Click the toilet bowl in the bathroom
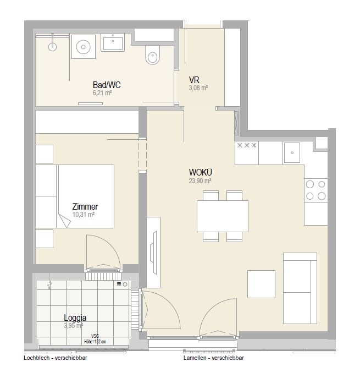click(x=153, y=55)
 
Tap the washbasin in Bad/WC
click(x=113, y=42)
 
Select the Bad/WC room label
click(x=107, y=85)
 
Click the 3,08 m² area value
click(x=198, y=88)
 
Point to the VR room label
click(x=194, y=80)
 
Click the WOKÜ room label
click(x=201, y=172)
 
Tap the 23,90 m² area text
click(x=200, y=180)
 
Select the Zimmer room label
click(x=85, y=206)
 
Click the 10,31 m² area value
click(x=84, y=215)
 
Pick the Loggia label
click(x=75, y=318)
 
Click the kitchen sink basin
click(x=292, y=152)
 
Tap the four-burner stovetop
click(x=316, y=190)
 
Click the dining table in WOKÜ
click(x=223, y=216)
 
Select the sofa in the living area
click(x=300, y=288)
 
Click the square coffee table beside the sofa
click(x=261, y=284)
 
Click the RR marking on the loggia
click(x=119, y=284)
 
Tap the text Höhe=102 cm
click(x=95, y=342)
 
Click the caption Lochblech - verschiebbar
click(x=56, y=358)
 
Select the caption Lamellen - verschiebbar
click(x=214, y=358)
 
